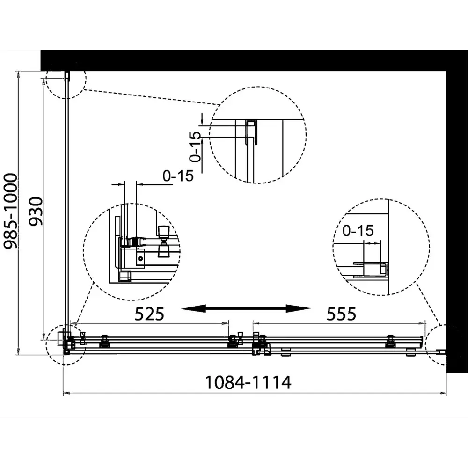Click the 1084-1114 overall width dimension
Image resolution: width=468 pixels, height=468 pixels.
tap(248, 382)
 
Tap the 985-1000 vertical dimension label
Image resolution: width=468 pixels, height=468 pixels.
tap(10, 211)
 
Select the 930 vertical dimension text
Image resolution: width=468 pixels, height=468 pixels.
tap(36, 211)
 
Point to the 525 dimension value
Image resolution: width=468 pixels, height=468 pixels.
tap(149, 314)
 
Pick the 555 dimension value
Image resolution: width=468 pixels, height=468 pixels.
tap(342, 314)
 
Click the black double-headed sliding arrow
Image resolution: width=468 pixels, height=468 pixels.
tap(246, 308)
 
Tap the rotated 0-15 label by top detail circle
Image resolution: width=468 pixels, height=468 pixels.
tap(196, 146)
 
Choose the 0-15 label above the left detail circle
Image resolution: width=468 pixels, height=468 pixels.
tap(178, 176)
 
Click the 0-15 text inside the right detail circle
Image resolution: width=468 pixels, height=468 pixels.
tap(358, 231)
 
